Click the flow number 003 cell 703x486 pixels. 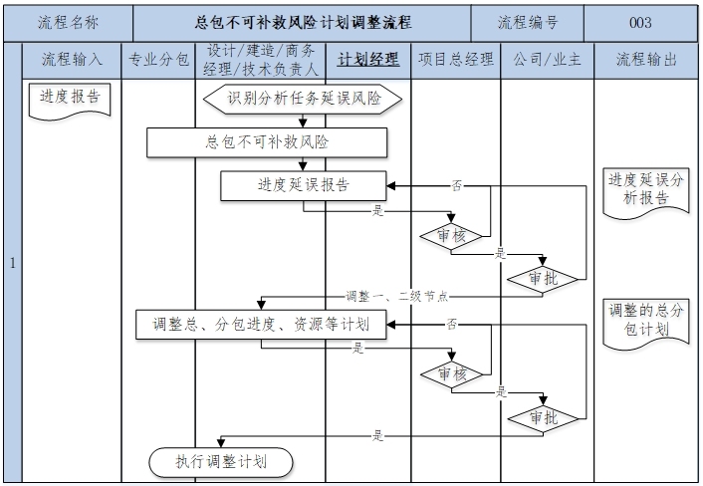pos(640,22)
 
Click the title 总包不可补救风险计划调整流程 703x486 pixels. pos(304,22)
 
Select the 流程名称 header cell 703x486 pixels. pos(68,22)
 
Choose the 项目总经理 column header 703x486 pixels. pos(455,60)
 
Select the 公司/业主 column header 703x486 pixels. pos(547,60)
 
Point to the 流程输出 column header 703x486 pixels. pos(647,60)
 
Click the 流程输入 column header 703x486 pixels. pos(72,60)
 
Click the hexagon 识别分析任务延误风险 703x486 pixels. pos(303,99)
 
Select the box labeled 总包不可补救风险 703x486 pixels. pos(266,142)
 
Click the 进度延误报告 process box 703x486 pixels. pos(303,185)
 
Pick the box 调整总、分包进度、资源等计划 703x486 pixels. pos(261,324)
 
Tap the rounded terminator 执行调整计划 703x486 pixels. pos(221,461)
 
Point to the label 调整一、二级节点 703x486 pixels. pos(397,296)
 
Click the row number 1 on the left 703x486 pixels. pos(12,264)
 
